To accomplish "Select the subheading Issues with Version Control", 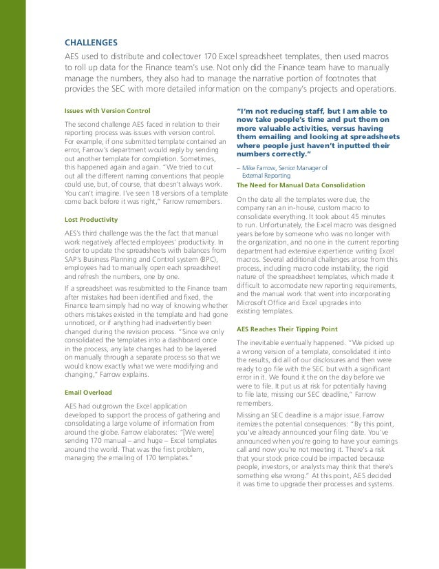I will pyautogui.click(x=107, y=110).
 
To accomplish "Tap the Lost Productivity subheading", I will pyautogui.click(x=88, y=219).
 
